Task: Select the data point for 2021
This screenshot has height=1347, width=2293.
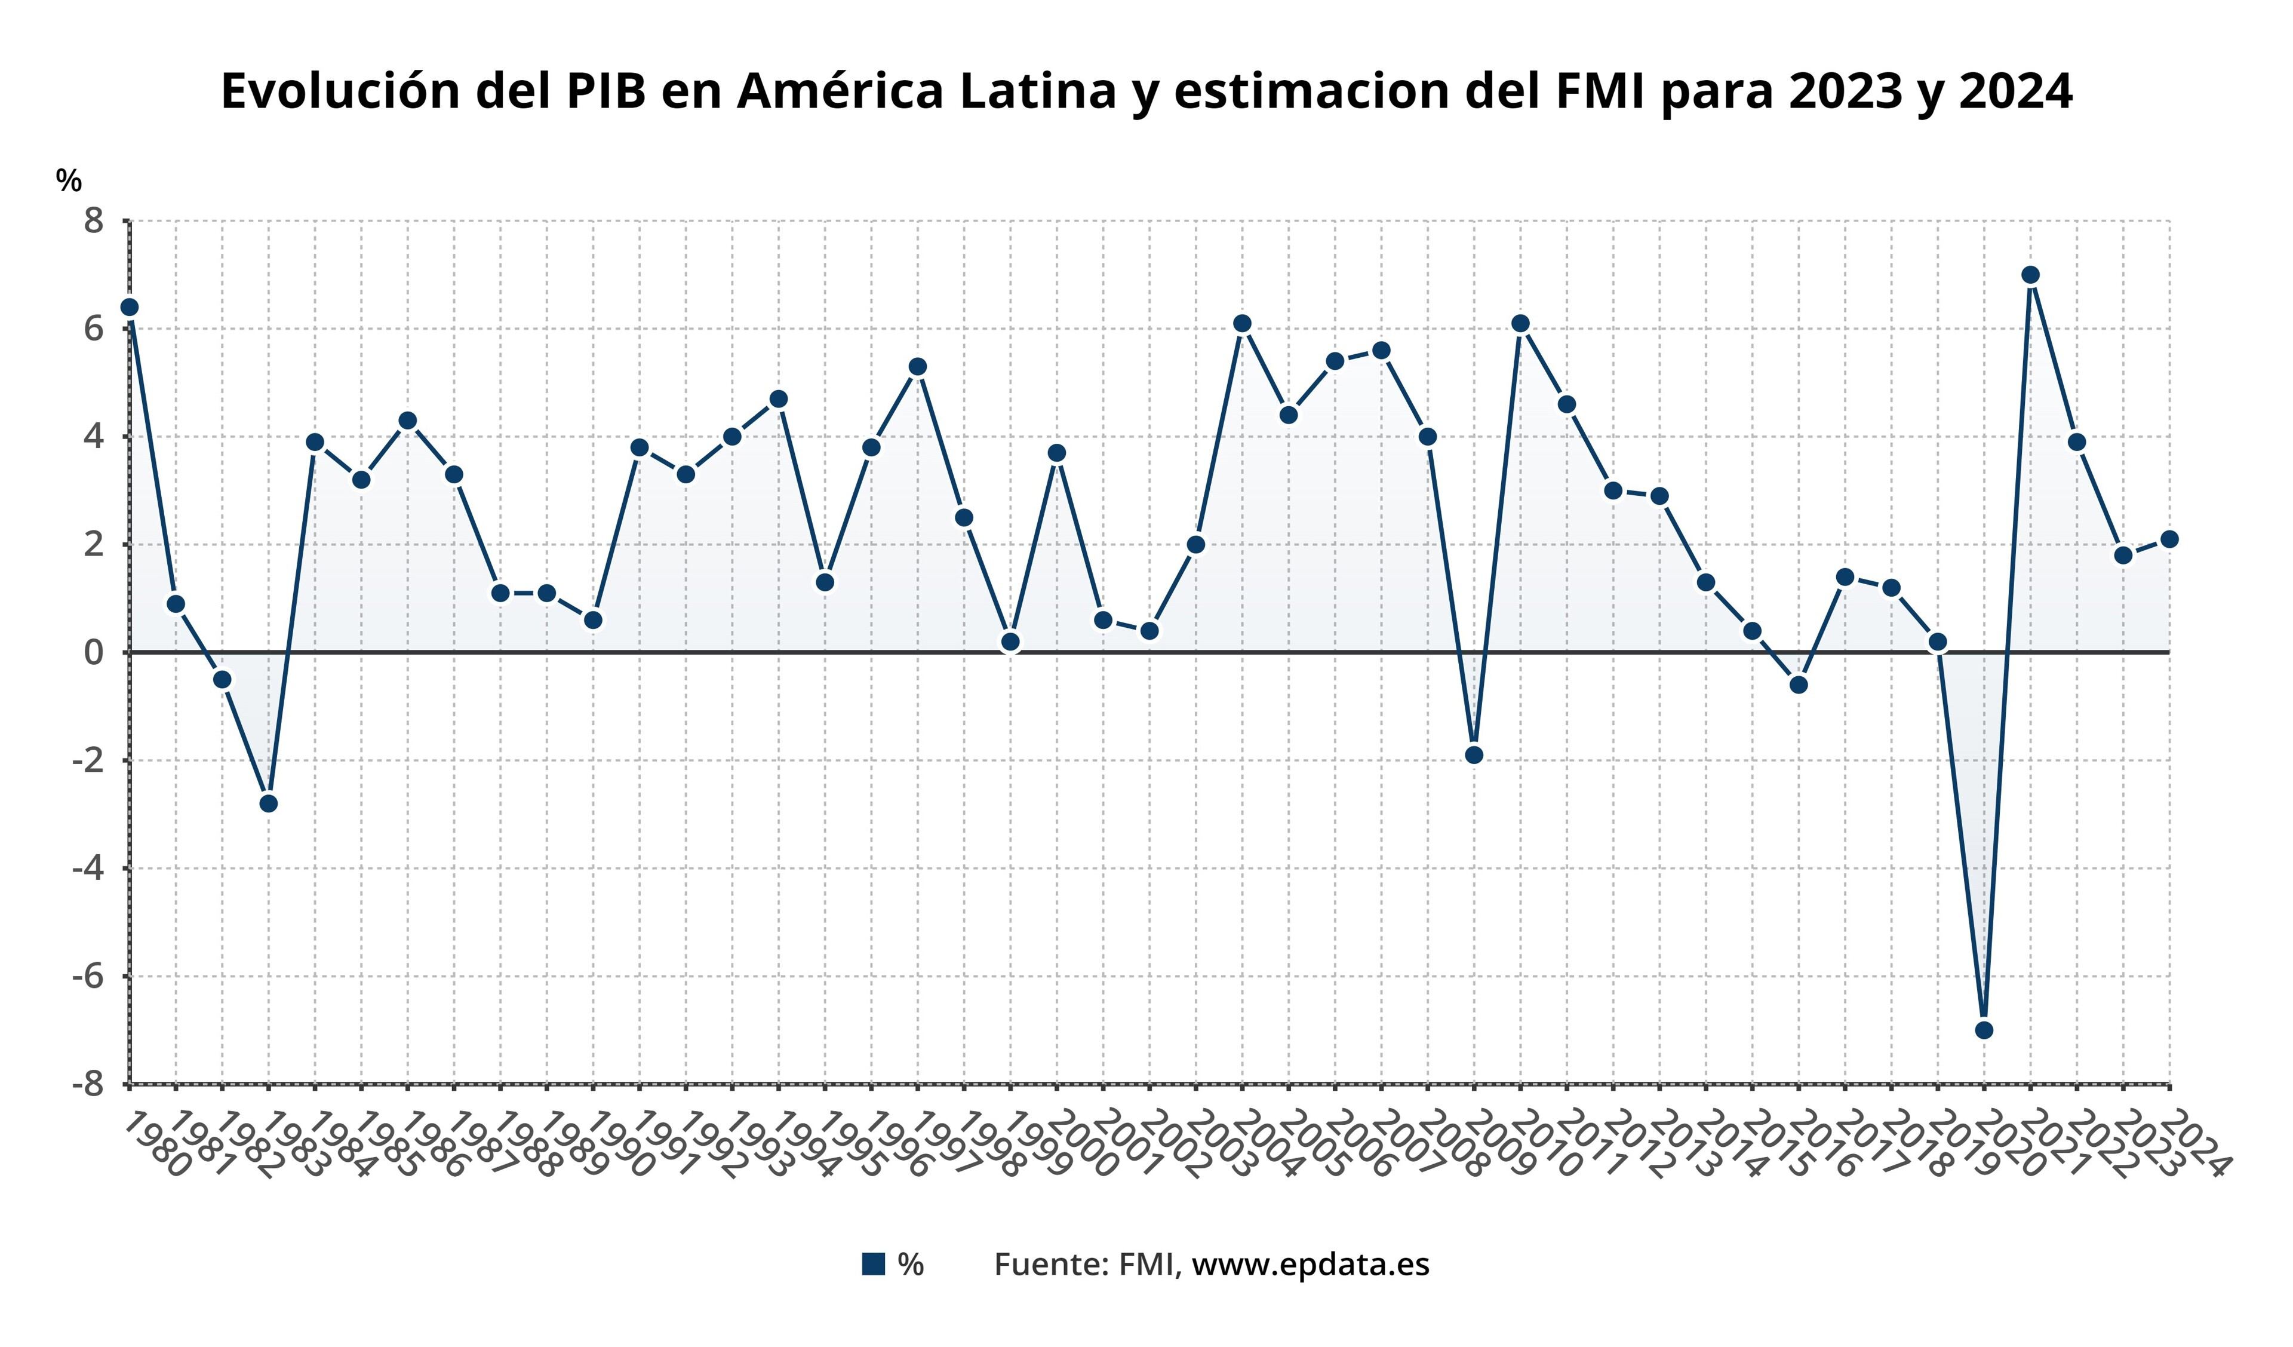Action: [2031, 275]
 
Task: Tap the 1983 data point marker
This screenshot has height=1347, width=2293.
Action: [269, 803]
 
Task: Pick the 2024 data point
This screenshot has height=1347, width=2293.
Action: [2169, 539]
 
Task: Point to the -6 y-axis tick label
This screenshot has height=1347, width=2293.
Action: [88, 977]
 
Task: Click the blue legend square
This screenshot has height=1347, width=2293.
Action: [874, 1264]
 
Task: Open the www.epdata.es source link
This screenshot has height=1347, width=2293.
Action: [1310, 1264]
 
